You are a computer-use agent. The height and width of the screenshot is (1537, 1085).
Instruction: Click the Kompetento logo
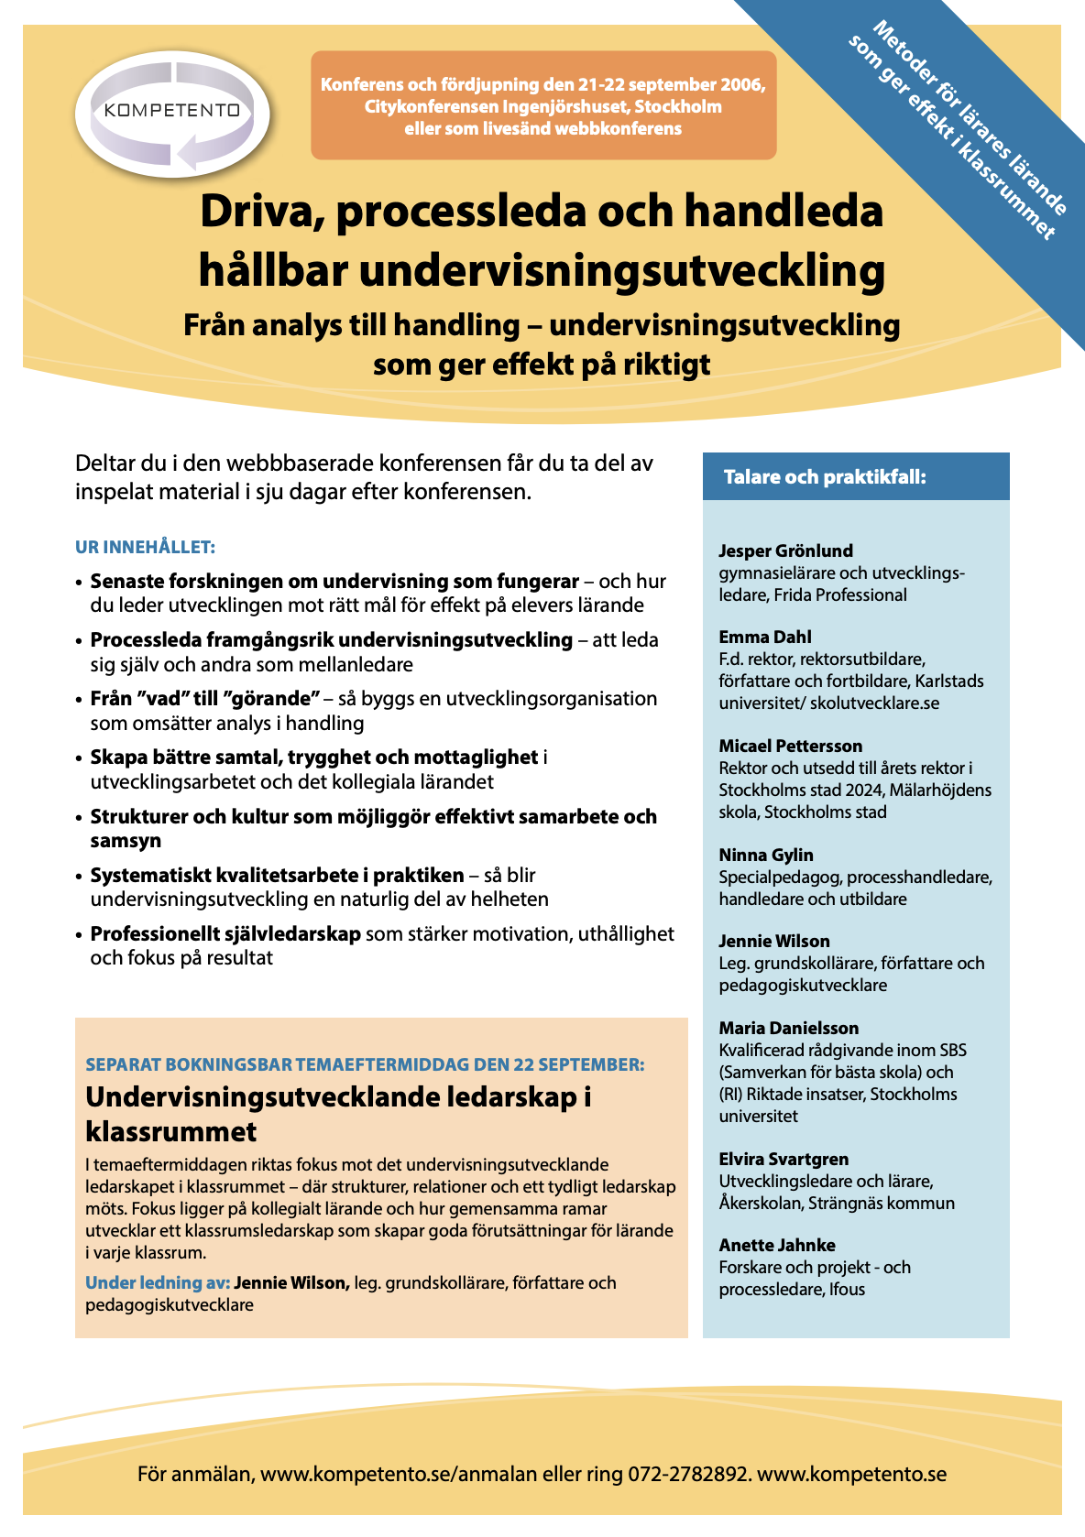click(172, 111)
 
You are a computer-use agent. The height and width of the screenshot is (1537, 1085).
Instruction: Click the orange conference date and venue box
click(543, 106)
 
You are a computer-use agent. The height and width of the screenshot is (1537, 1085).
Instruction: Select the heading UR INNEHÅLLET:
click(145, 548)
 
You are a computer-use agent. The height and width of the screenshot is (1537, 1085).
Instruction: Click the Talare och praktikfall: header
click(825, 477)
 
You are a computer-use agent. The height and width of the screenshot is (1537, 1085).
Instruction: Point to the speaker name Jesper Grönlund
click(785, 550)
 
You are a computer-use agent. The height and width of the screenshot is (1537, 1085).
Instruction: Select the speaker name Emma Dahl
click(765, 637)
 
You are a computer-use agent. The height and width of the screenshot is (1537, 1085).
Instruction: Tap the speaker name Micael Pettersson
click(790, 746)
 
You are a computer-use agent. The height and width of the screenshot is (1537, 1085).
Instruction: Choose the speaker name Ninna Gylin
click(766, 855)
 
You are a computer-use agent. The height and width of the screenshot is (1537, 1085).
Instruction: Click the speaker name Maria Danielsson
click(788, 1028)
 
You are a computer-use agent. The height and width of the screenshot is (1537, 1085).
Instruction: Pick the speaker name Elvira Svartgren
click(784, 1159)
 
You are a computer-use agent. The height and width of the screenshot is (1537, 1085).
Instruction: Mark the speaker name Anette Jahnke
click(777, 1245)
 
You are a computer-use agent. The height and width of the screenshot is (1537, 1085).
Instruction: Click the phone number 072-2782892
click(688, 1475)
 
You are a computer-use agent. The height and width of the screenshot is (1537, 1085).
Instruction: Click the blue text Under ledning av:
click(157, 1282)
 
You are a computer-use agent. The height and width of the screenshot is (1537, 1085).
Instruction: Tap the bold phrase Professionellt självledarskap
click(225, 934)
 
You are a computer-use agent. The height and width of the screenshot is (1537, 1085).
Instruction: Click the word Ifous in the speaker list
click(847, 1289)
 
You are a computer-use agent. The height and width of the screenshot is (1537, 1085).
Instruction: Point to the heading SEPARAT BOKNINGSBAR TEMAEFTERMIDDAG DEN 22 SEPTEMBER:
click(365, 1064)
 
